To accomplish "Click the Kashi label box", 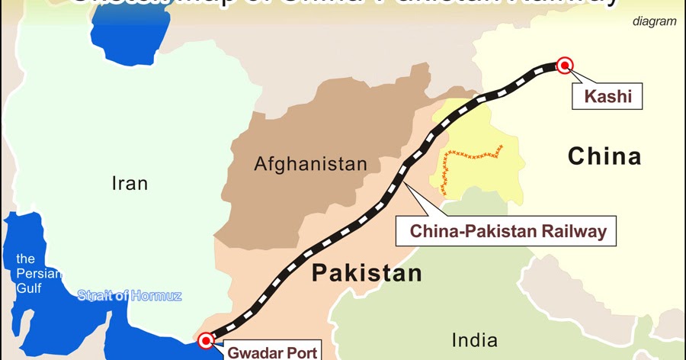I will click(608, 97).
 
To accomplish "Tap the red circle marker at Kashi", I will click(565, 66).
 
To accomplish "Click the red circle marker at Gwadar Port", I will click(205, 340).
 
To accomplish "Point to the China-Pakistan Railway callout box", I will click(505, 230).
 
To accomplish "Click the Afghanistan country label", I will click(310, 164).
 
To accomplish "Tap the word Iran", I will click(129, 183).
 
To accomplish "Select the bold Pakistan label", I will click(367, 273).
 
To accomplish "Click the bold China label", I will click(604, 157).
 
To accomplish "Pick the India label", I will click(474, 339).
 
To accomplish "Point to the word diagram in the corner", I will click(654, 21).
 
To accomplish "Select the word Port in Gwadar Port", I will click(298, 352).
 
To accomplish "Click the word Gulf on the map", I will click(30, 287).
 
